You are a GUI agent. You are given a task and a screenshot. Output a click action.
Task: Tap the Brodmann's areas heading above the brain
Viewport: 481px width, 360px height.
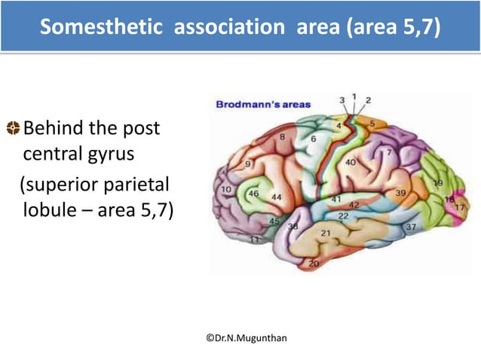(x=263, y=104)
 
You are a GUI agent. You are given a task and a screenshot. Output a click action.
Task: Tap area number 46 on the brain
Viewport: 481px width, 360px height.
(x=253, y=194)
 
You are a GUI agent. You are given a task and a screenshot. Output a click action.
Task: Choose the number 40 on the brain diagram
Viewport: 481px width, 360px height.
(x=351, y=162)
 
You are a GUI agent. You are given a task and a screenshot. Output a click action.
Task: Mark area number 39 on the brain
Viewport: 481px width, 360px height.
(x=401, y=194)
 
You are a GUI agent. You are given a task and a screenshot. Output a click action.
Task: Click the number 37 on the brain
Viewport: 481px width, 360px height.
(x=412, y=227)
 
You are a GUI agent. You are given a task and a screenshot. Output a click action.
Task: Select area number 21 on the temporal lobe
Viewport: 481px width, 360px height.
(x=325, y=233)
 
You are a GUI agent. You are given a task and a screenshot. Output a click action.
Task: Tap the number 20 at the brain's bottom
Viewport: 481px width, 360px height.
(x=313, y=263)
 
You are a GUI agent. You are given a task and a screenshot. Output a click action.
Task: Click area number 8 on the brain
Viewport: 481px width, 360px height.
(x=282, y=137)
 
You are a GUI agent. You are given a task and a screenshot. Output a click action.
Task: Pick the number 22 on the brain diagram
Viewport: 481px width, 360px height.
(x=342, y=215)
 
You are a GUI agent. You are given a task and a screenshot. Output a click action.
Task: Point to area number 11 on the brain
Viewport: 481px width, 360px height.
(x=256, y=239)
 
